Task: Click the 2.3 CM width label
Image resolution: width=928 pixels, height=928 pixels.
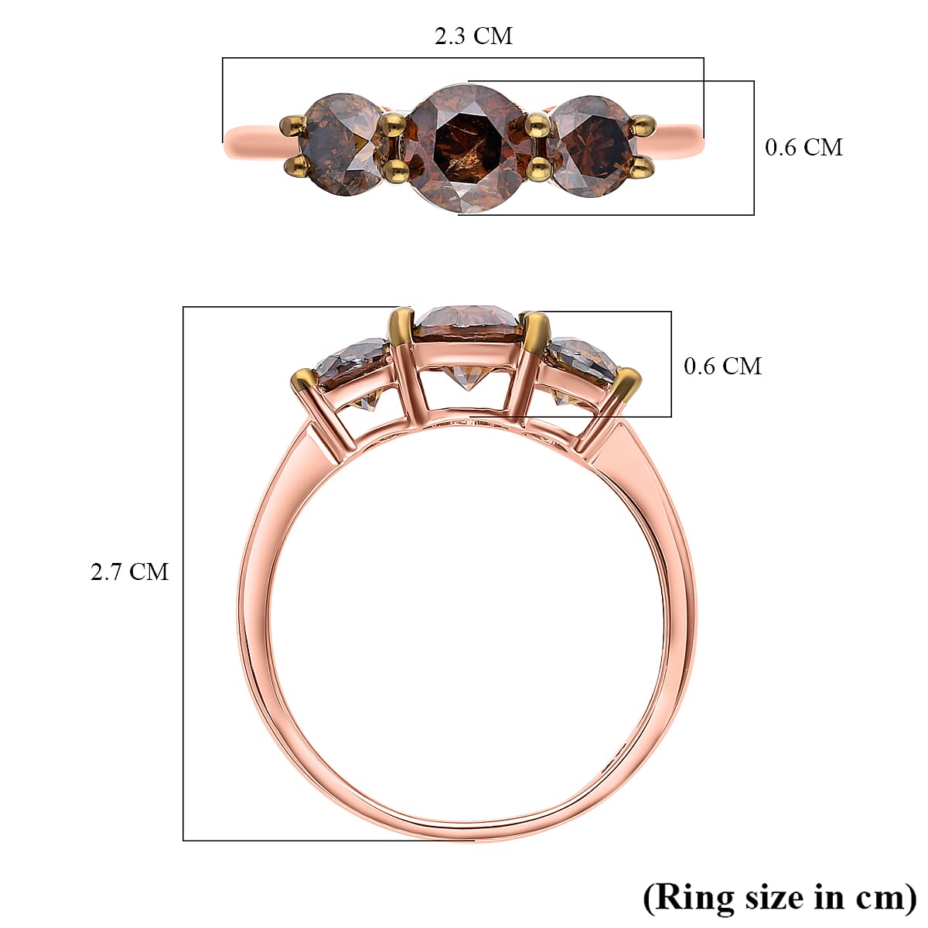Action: (473, 36)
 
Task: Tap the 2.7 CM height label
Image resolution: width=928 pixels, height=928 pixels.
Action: (129, 572)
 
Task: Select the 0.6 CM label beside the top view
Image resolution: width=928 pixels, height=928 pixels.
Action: (803, 147)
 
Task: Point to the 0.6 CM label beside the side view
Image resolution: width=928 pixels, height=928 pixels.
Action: (722, 366)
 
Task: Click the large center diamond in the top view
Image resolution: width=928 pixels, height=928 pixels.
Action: (465, 147)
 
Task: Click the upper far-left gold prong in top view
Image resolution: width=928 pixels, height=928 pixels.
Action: (293, 124)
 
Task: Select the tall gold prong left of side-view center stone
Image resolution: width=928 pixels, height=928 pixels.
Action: (401, 325)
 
